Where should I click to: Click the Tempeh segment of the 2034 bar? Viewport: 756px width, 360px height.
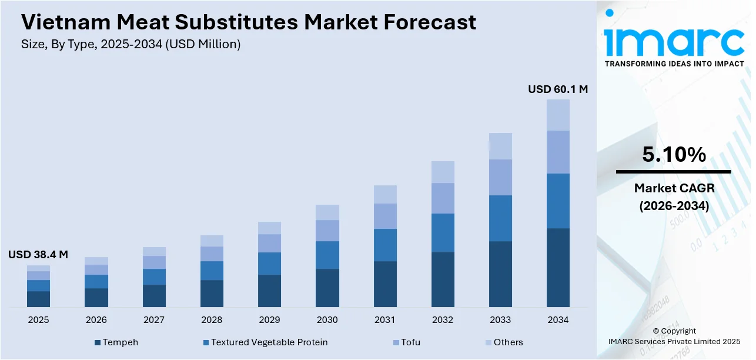(x=558, y=268)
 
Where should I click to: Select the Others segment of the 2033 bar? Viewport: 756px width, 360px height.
(x=500, y=146)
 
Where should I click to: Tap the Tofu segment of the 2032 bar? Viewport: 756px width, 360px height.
(x=443, y=198)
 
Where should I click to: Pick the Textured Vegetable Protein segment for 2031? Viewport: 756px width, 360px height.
(x=385, y=245)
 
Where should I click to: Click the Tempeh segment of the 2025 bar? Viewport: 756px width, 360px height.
(x=38, y=299)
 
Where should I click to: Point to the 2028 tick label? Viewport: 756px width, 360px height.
(x=212, y=320)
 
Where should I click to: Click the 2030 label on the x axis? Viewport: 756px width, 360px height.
(x=327, y=320)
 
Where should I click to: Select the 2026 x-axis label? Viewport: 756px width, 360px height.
(x=96, y=320)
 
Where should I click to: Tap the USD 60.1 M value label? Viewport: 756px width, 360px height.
(x=557, y=89)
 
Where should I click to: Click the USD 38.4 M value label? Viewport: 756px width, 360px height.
(x=38, y=255)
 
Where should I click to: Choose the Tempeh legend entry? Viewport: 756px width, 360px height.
(x=117, y=342)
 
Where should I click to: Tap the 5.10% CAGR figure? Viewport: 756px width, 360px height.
(x=674, y=155)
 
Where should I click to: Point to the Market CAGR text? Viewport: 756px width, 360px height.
(x=674, y=188)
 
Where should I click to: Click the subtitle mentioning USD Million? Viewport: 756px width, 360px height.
(x=131, y=44)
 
